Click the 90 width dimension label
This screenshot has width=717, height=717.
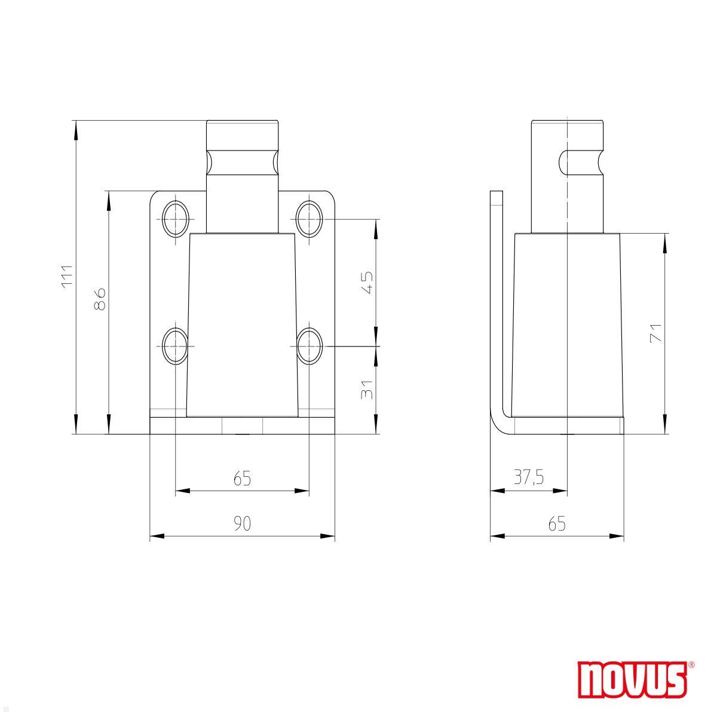pos(242,523)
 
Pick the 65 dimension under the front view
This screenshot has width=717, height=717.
pos(242,479)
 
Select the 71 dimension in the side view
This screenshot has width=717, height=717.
pos(655,332)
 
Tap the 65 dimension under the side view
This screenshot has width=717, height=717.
pos(556,523)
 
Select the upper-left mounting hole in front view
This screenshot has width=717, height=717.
pos(175,219)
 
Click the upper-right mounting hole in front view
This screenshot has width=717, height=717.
pos(310,219)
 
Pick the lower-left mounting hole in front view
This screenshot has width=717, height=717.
pos(175,346)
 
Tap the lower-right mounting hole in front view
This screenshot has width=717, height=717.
pos(310,346)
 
